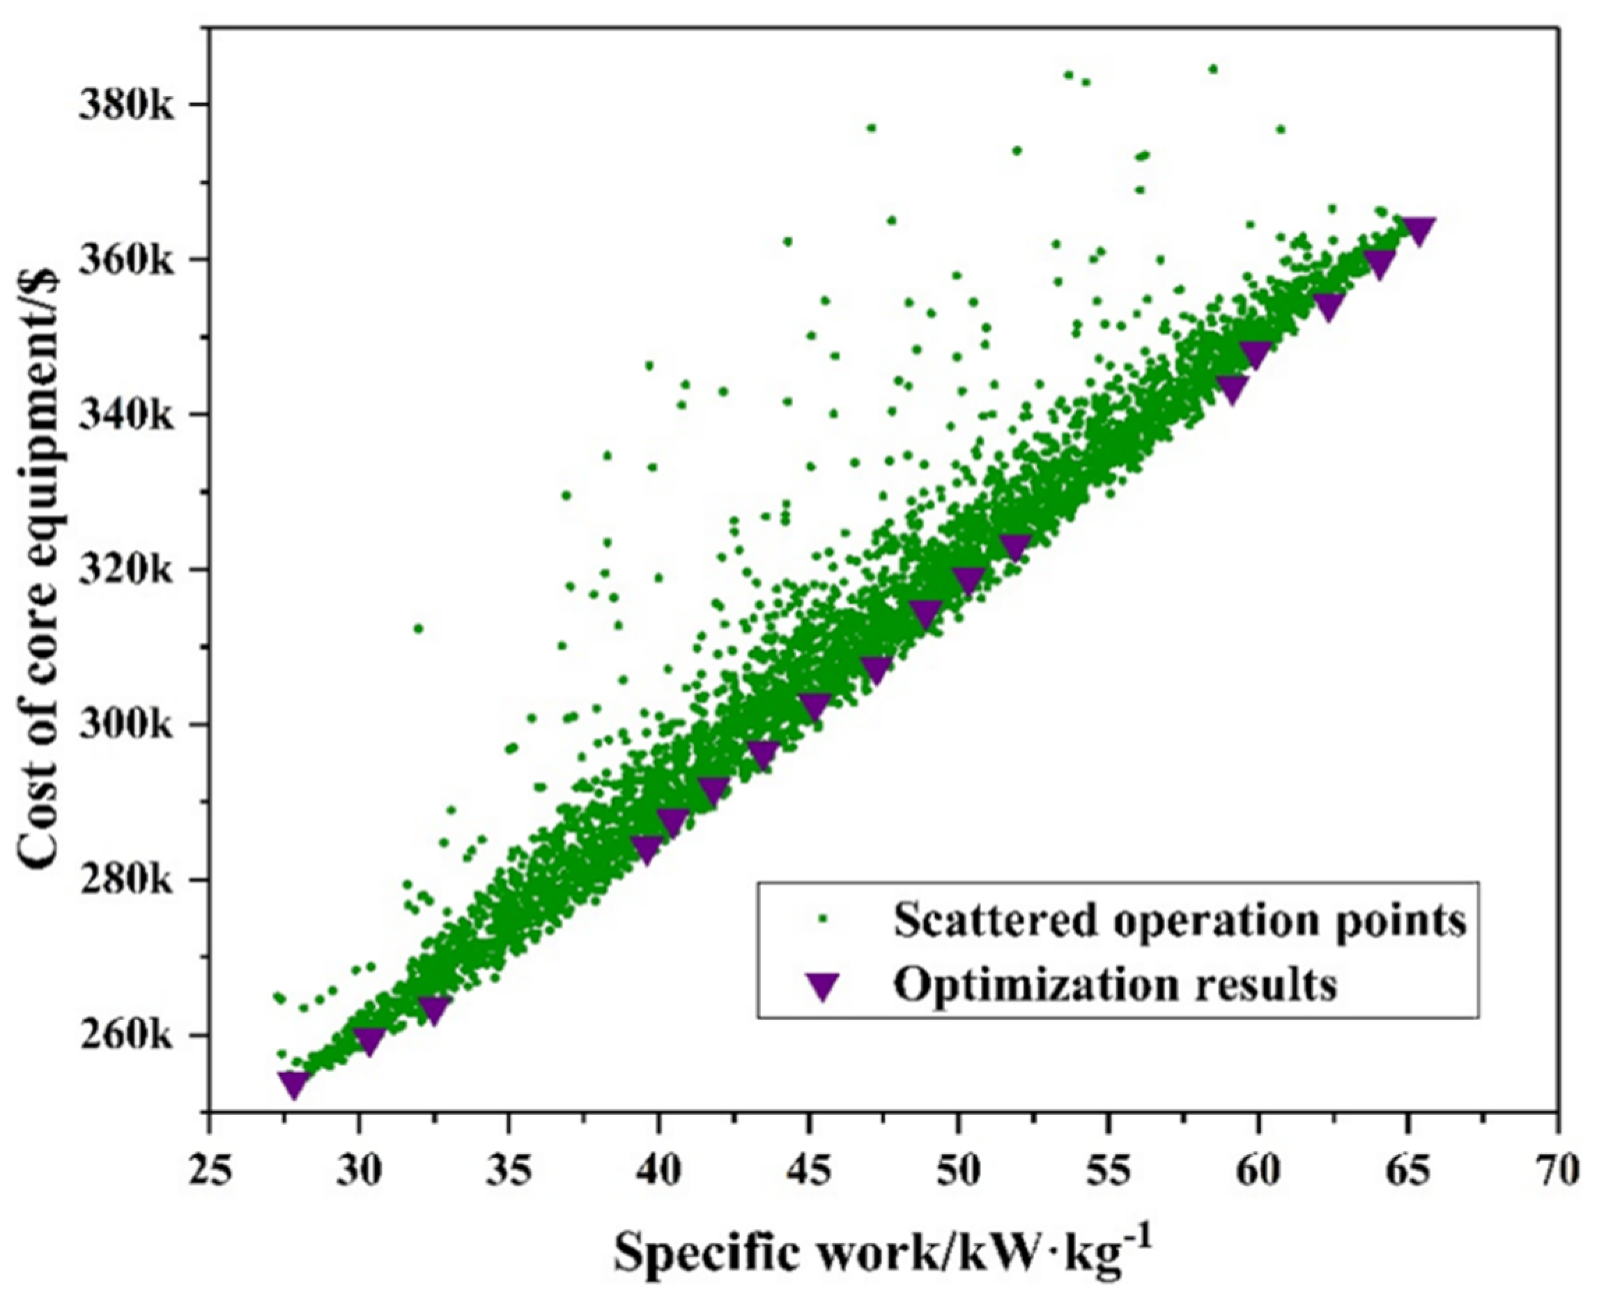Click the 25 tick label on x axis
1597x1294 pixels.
210,1169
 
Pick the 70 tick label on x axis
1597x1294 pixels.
1557,1169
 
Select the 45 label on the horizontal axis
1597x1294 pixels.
808,1169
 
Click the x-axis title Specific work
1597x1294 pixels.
883,1254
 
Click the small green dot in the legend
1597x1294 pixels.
823,921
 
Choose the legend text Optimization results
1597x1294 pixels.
1116,985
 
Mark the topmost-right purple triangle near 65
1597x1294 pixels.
1418,231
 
